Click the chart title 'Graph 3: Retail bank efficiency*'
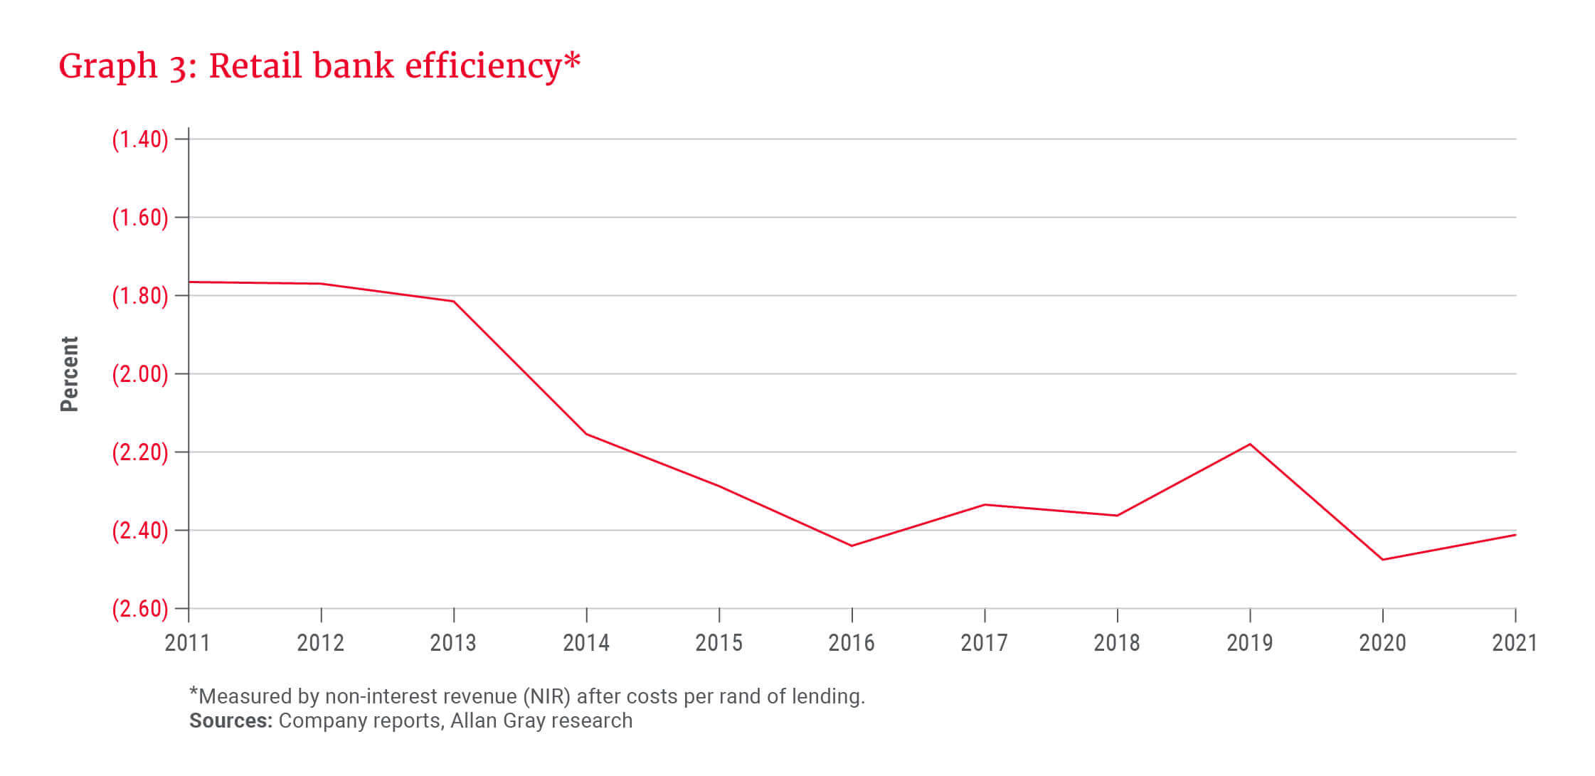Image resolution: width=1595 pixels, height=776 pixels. [319, 66]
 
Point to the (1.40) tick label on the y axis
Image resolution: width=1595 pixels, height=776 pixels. [140, 139]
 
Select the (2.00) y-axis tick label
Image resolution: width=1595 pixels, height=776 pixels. [140, 374]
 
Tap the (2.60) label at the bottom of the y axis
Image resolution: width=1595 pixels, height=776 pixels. [140, 609]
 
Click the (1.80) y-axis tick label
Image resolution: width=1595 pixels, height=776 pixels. [140, 296]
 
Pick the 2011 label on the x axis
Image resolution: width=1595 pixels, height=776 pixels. [188, 643]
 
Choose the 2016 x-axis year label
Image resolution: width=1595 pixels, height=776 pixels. [852, 643]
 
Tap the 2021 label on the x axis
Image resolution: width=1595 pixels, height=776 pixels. [1515, 643]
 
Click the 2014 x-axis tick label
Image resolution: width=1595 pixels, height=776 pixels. [586, 643]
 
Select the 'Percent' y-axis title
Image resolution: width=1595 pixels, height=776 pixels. [69, 374]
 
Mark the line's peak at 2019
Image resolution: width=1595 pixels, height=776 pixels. [1250, 445]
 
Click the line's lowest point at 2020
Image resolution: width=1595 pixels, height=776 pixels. [1382, 560]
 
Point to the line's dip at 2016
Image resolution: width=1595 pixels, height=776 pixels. [852, 546]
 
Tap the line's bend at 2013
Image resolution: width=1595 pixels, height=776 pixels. [454, 302]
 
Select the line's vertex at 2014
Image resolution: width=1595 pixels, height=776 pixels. [586, 434]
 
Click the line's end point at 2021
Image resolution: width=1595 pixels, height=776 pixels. [1515, 535]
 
